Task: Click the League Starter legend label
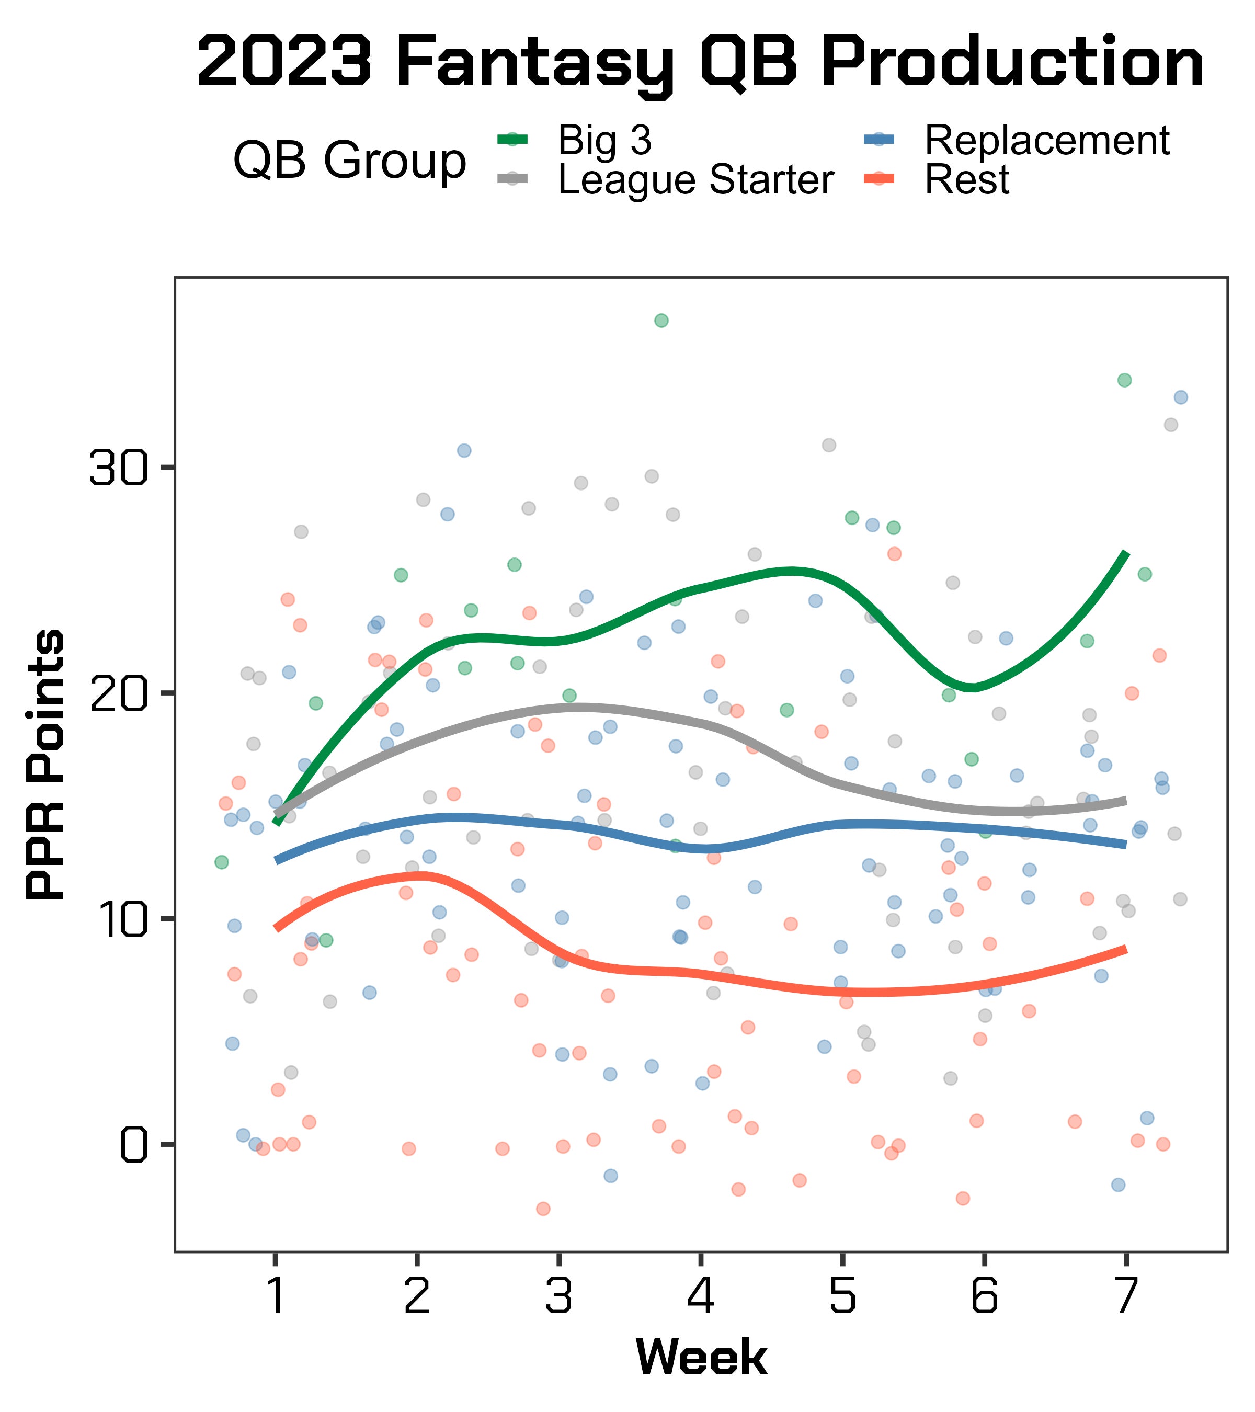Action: click(696, 180)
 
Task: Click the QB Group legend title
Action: click(349, 161)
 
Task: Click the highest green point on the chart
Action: click(661, 321)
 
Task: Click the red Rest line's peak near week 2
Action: click(418, 876)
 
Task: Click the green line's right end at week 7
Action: click(1126, 554)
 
